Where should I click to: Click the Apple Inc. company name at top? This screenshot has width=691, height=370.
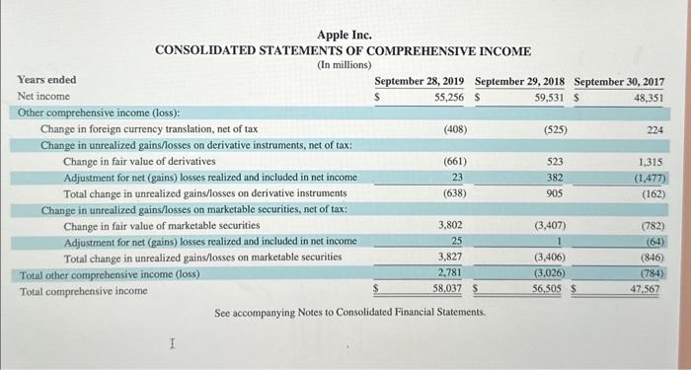pyautogui.click(x=345, y=36)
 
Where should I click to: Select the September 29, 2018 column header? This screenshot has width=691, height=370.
pyautogui.click(x=521, y=81)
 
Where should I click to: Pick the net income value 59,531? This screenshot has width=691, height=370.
pyautogui.click(x=550, y=97)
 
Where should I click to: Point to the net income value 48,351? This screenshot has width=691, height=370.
pyautogui.click(x=648, y=98)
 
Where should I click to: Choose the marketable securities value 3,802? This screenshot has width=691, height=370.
pyautogui.click(x=449, y=226)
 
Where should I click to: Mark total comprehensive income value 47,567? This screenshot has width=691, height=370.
pyautogui.click(x=648, y=290)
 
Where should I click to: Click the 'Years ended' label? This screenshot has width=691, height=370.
pyautogui.click(x=47, y=80)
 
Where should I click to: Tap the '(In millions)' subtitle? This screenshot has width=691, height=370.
pyautogui.click(x=344, y=65)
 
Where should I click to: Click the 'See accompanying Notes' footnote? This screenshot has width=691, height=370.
pyautogui.click(x=350, y=313)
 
